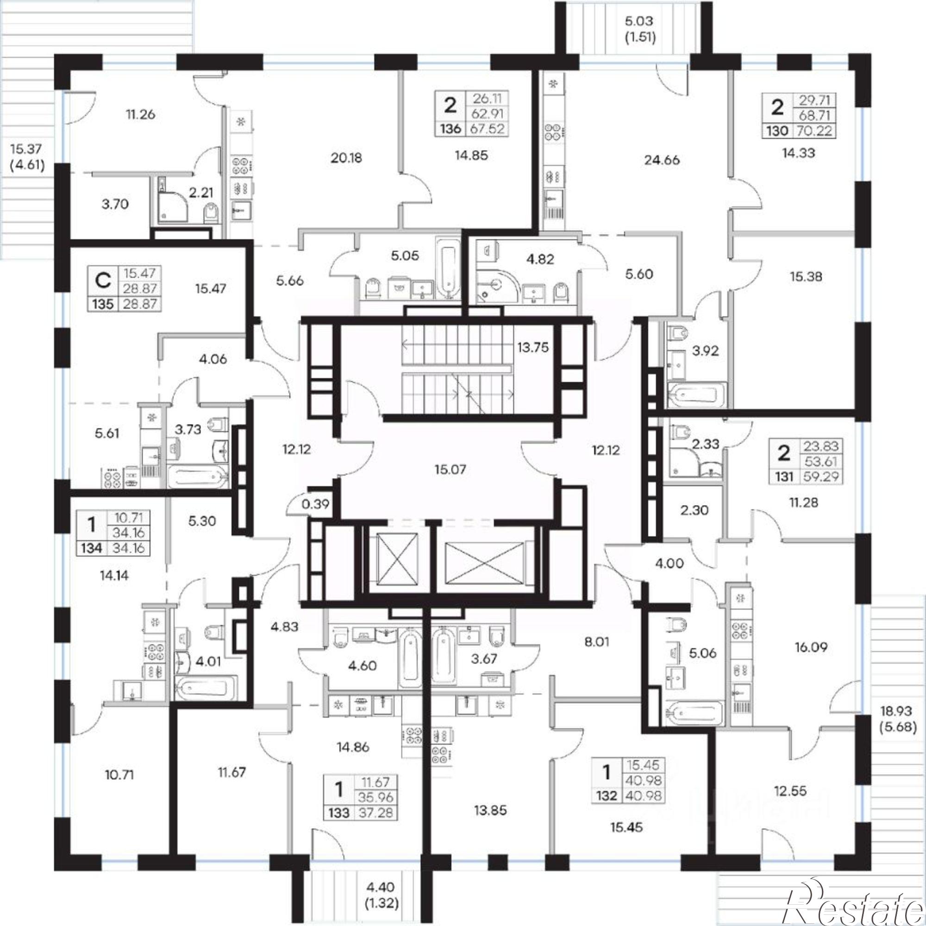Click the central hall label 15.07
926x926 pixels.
click(451, 469)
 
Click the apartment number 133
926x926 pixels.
click(340, 813)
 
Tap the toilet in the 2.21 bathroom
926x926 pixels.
click(210, 213)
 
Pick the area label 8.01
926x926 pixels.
click(598, 642)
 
